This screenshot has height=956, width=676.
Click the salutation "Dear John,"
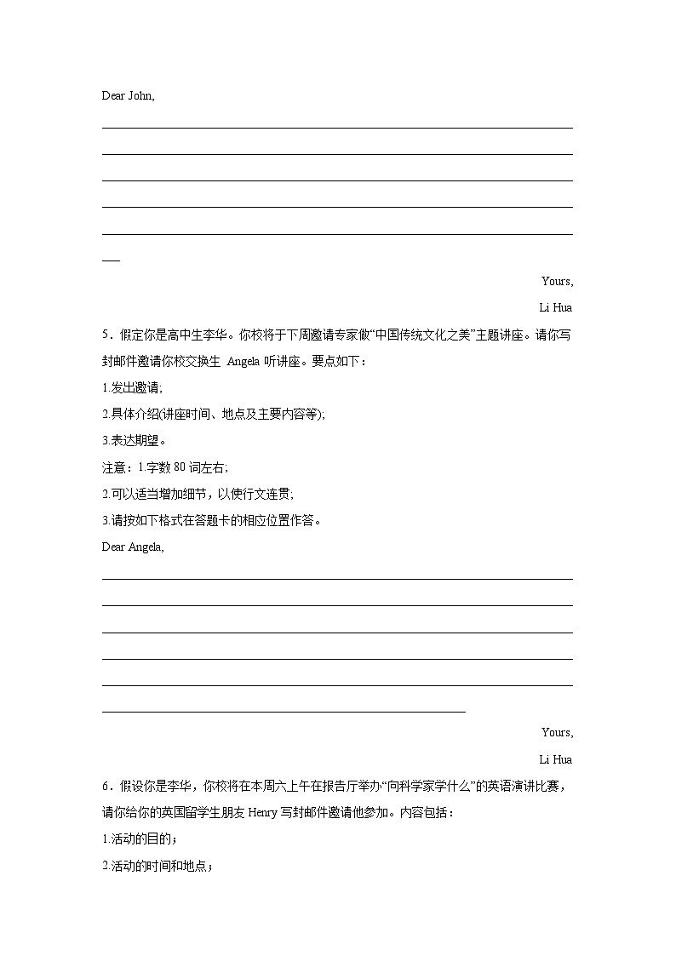[x=128, y=95]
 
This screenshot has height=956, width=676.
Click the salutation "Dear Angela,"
[x=133, y=547]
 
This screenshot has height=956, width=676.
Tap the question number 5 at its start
[x=106, y=335]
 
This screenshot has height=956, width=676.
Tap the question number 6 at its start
[x=106, y=786]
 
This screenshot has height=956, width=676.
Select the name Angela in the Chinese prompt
[x=249, y=362]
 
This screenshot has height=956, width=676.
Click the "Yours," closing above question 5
[x=557, y=281]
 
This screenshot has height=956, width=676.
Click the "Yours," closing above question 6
[x=557, y=732]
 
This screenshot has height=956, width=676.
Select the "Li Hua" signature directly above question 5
[x=555, y=307]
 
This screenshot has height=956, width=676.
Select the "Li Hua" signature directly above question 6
[x=555, y=759]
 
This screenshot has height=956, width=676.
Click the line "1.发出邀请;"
[x=131, y=388]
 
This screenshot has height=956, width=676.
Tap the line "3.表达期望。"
[x=134, y=441]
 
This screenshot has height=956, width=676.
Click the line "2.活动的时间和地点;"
[x=157, y=866]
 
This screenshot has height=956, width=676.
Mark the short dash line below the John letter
[x=111, y=260]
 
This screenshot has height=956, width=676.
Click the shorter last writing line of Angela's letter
[x=284, y=712]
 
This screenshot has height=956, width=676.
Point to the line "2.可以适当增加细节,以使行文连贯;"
[x=198, y=494]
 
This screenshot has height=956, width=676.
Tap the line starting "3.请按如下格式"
[x=211, y=520]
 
